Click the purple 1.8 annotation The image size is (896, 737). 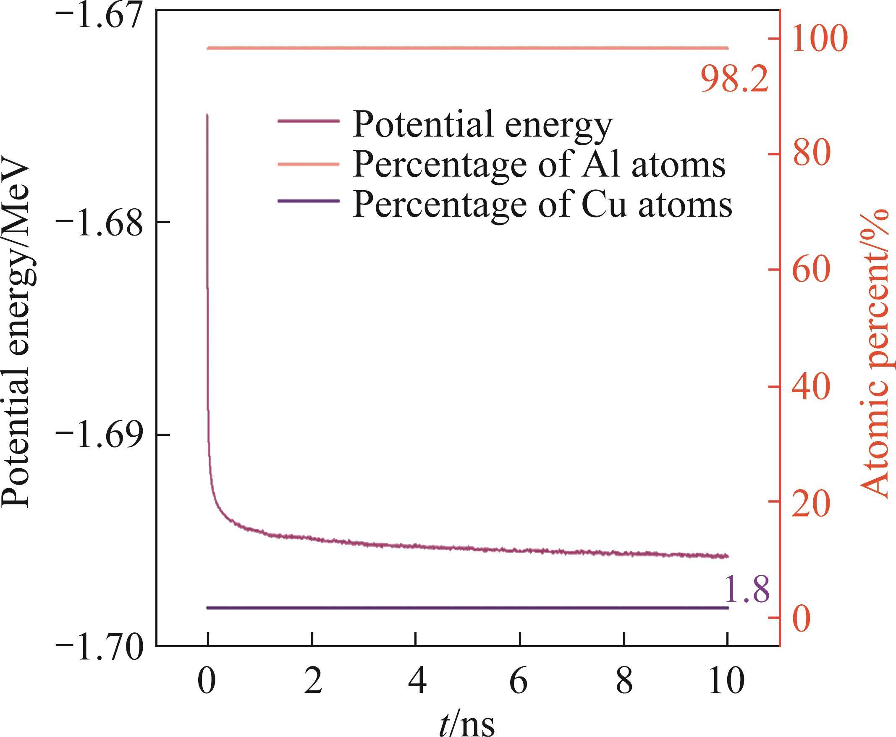coord(746,589)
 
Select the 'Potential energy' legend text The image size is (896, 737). coord(482,123)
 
